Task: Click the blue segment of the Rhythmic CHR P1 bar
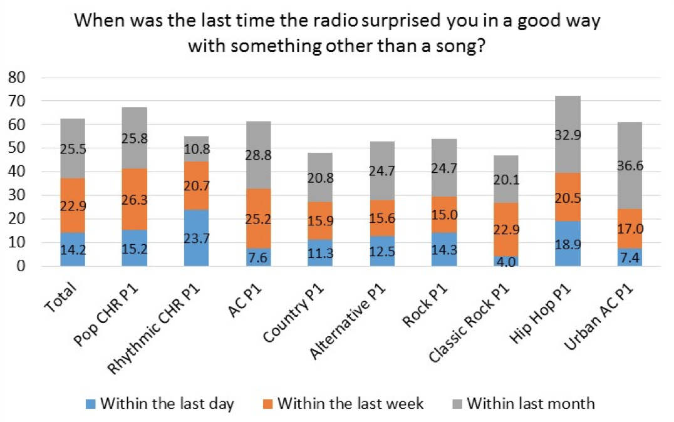pyautogui.click(x=197, y=238)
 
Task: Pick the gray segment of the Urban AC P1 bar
pyautogui.click(x=630, y=165)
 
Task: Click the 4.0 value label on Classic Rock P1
pyautogui.click(x=506, y=260)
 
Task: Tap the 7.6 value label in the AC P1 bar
pyautogui.click(x=259, y=257)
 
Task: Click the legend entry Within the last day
pyautogui.click(x=167, y=403)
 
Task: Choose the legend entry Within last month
pyautogui.click(x=530, y=403)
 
